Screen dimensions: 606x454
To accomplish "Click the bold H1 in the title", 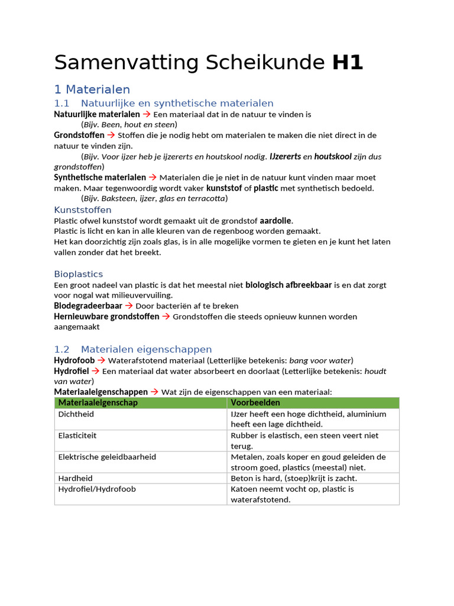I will [347, 62].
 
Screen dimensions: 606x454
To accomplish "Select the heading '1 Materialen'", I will [92, 89].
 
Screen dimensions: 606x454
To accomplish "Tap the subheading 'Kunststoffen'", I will [83, 210].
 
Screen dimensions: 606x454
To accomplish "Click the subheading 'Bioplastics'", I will [79, 274].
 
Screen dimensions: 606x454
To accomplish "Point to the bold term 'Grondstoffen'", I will [79, 136].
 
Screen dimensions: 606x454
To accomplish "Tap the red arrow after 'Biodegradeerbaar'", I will [129, 306].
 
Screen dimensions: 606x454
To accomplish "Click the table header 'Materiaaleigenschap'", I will [98, 403].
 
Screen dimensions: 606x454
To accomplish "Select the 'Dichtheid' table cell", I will [76, 414].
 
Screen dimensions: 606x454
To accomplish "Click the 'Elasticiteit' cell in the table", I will [77, 436].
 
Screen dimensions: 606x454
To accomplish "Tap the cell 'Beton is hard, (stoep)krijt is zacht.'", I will [294, 478].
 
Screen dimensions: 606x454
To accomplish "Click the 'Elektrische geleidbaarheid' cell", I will [107, 457].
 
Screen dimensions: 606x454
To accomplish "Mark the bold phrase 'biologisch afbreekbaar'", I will [288, 285].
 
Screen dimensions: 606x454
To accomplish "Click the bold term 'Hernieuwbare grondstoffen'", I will [106, 317].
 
